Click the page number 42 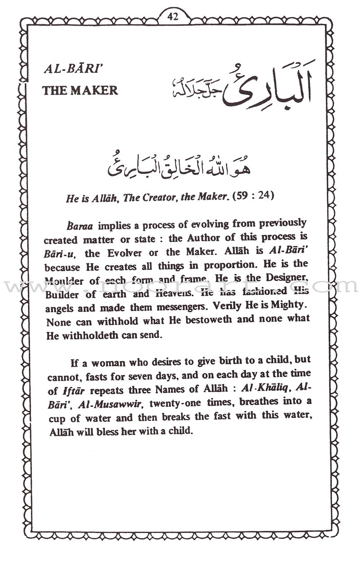(173, 17)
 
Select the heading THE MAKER (80, 90)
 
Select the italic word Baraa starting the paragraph (77, 224)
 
